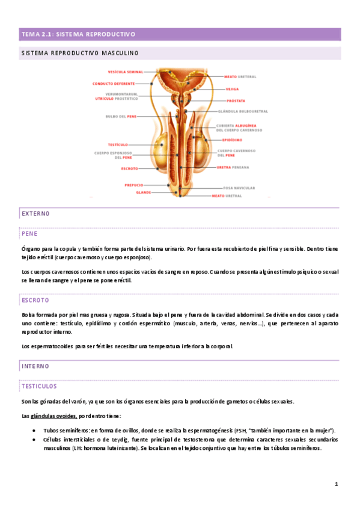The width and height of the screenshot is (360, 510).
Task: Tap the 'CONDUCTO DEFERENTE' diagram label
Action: (x=114, y=84)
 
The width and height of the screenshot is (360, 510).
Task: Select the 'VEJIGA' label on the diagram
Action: (x=232, y=89)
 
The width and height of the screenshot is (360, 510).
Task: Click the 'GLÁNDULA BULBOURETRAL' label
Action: (x=242, y=111)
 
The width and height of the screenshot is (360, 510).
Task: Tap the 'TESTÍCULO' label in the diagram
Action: (x=118, y=145)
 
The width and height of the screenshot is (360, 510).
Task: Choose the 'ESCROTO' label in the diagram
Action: (x=129, y=169)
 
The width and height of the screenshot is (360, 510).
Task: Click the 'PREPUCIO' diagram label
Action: (x=133, y=185)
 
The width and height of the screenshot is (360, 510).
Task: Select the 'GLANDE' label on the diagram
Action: (x=143, y=192)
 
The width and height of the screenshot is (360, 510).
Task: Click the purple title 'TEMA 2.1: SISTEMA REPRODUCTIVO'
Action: (x=79, y=34)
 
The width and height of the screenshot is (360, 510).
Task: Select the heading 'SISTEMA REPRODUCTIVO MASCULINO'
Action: (x=79, y=54)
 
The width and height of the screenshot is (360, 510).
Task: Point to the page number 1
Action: (x=337, y=484)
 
